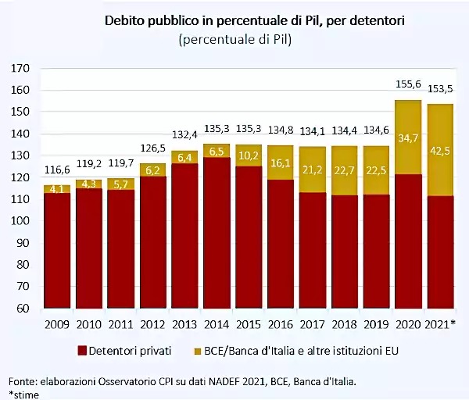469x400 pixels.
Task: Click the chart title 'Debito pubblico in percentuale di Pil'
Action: point(235,20)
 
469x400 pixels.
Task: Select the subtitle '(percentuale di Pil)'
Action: point(235,39)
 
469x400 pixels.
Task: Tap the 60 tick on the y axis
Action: point(23,309)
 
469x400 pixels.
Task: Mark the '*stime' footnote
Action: point(23,394)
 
